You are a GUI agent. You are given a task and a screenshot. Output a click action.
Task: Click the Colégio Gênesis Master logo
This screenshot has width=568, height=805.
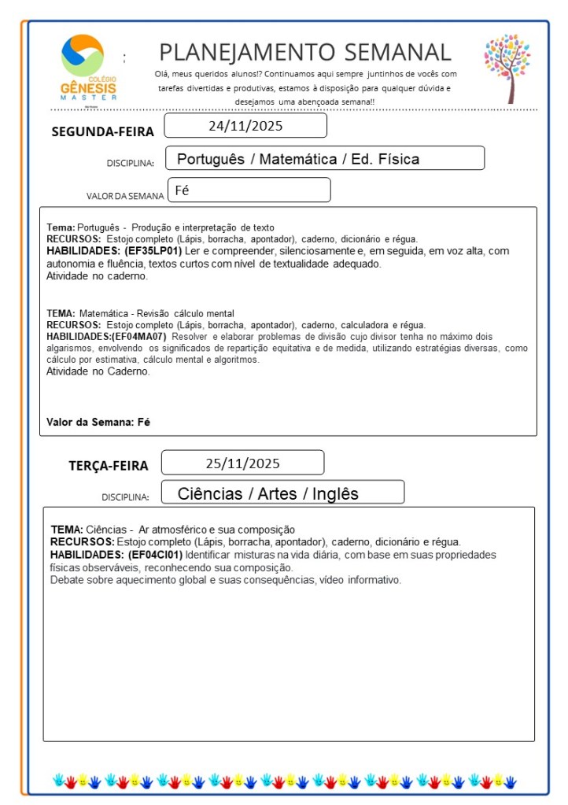(87, 67)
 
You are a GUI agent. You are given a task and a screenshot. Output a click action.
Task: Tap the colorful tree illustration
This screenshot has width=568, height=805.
(507, 68)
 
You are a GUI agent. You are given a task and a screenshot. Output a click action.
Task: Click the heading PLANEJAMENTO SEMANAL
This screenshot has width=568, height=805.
(305, 53)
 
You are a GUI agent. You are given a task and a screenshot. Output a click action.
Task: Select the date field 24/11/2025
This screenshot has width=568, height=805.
(245, 126)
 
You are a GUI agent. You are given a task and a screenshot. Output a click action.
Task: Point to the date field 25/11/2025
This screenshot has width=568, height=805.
(242, 463)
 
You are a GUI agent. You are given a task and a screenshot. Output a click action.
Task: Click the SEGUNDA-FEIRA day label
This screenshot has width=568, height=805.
(102, 131)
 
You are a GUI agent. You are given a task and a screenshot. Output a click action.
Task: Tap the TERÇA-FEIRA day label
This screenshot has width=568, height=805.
(108, 466)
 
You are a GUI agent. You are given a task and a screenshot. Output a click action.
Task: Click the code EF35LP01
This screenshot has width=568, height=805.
(153, 251)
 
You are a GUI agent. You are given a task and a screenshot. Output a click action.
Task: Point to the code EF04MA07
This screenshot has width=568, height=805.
(138, 336)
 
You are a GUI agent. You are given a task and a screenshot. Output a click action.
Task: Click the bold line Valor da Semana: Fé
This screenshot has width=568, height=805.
(98, 422)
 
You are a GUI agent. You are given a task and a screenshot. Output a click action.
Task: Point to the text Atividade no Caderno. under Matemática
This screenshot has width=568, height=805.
(98, 371)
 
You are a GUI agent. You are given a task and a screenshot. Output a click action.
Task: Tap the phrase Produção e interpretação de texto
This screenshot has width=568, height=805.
(197, 227)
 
